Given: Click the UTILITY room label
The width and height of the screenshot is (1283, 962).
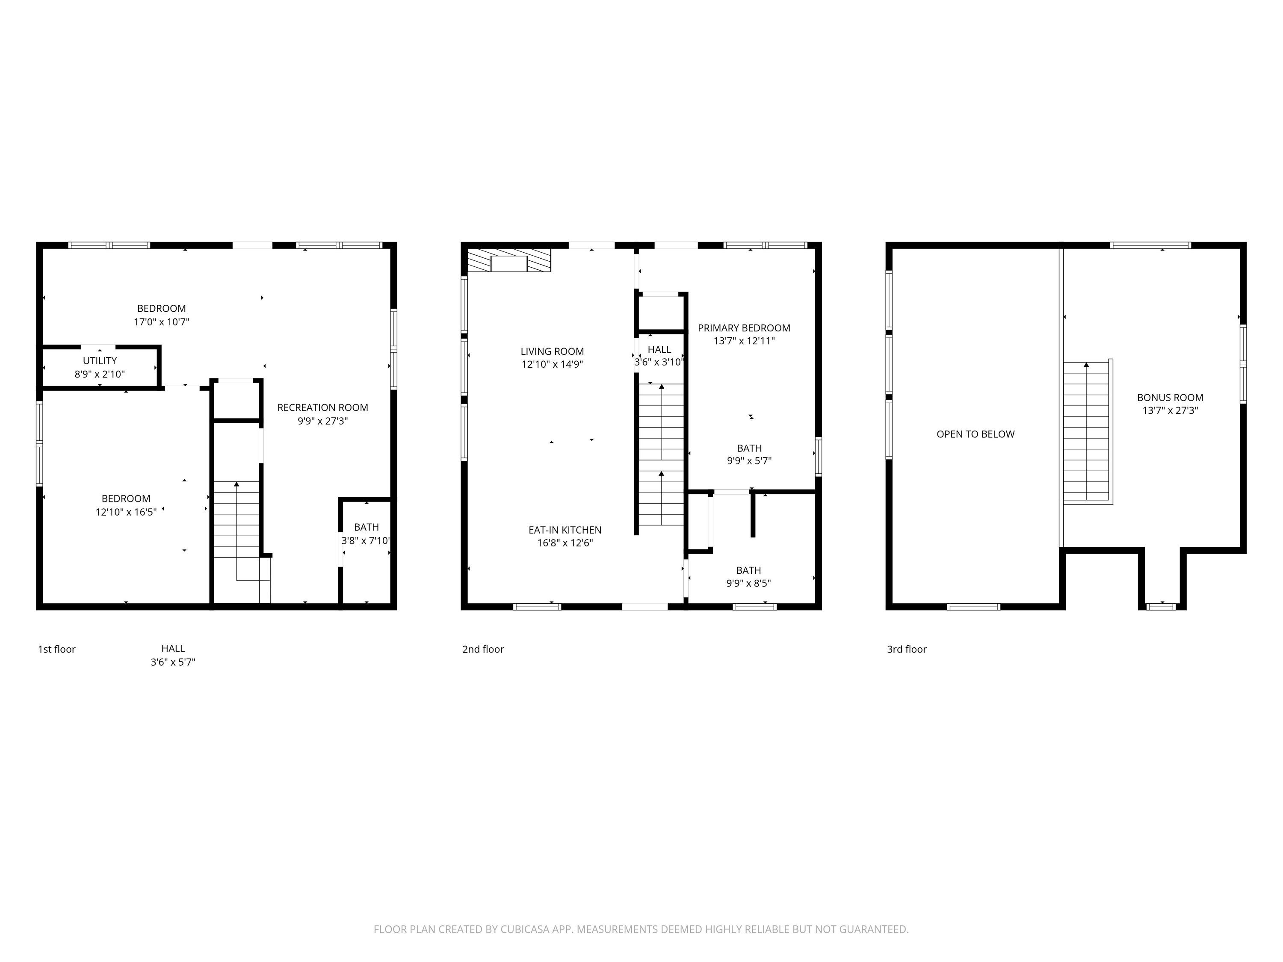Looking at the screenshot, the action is click(x=100, y=361).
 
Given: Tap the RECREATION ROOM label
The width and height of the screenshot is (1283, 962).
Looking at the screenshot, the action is click(x=322, y=407).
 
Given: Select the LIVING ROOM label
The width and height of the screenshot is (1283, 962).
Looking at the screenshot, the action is click(x=552, y=351).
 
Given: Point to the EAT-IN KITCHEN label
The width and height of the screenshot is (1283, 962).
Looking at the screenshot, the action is click(x=565, y=530).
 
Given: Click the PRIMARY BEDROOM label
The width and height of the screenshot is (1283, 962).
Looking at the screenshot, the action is click(x=744, y=328).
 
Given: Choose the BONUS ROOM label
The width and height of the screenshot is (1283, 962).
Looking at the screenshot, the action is click(x=1170, y=398).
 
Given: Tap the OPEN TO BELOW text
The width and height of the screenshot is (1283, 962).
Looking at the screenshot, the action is click(x=976, y=434).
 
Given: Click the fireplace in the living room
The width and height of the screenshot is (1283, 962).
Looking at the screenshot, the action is click(x=509, y=260).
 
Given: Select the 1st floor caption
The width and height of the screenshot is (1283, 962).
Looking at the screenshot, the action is click(x=57, y=649).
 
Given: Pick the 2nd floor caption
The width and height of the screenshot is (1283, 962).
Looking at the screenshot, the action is click(x=483, y=649).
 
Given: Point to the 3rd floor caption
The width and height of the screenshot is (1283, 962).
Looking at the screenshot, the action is click(x=907, y=649).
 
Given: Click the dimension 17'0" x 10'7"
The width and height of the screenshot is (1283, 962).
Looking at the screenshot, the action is click(x=162, y=322).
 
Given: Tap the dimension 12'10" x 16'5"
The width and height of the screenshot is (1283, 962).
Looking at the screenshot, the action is click(x=126, y=512).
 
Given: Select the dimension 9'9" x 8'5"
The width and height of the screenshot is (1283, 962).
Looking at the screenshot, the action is click(x=748, y=583).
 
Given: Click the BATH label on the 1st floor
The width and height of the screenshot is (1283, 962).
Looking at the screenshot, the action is click(x=367, y=527).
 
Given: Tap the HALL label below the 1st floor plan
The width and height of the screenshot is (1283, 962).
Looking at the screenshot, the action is click(x=173, y=649).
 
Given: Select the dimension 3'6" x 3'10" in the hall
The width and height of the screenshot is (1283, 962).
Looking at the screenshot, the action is click(x=659, y=363).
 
